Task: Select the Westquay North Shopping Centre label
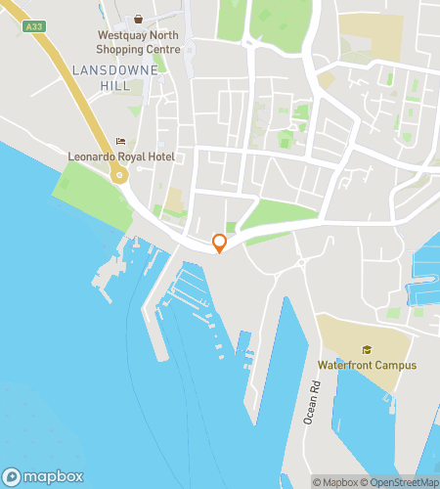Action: click(x=137, y=41)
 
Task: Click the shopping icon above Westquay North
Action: click(x=138, y=20)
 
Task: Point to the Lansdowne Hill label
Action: click(x=101, y=78)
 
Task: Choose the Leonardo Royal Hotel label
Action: click(x=119, y=156)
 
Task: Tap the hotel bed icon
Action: click(x=120, y=141)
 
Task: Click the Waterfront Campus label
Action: click(x=367, y=366)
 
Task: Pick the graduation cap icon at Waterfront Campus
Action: click(x=367, y=350)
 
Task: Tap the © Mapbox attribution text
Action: click(x=335, y=481)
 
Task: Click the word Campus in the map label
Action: click(x=394, y=366)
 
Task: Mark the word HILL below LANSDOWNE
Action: click(x=101, y=86)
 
